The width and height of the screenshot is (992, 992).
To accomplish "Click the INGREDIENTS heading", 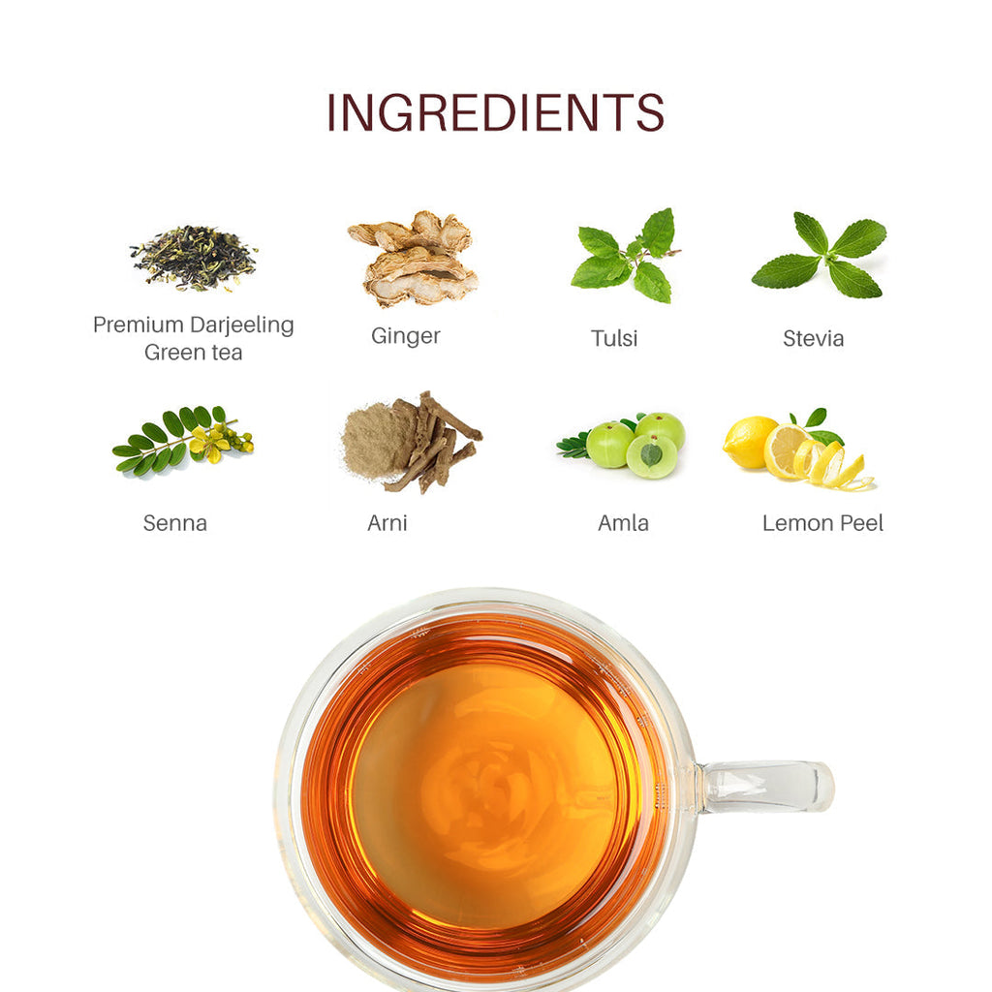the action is (495, 112).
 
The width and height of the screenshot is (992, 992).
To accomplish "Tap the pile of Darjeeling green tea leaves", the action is (194, 258).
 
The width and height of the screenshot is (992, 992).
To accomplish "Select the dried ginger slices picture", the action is (414, 259).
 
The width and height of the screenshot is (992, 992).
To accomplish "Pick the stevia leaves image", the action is (820, 256).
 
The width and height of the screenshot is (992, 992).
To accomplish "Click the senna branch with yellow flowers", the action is (183, 440).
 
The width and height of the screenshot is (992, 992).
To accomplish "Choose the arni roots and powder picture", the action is (412, 442).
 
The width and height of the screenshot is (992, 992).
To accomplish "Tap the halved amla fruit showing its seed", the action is (651, 455).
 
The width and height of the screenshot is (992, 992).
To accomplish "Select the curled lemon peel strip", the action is (835, 467).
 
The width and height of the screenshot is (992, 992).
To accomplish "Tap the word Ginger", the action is (406, 336).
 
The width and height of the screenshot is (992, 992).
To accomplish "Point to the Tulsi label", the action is (614, 338).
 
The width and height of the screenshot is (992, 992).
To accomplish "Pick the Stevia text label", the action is (814, 338).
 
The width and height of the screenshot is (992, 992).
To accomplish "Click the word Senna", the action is (175, 523).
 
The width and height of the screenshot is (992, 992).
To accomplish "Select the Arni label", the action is (387, 523).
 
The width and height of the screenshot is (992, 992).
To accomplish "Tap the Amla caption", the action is (623, 523).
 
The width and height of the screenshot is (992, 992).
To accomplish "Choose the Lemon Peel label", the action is (822, 523).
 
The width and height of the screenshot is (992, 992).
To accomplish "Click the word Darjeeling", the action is (242, 325).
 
